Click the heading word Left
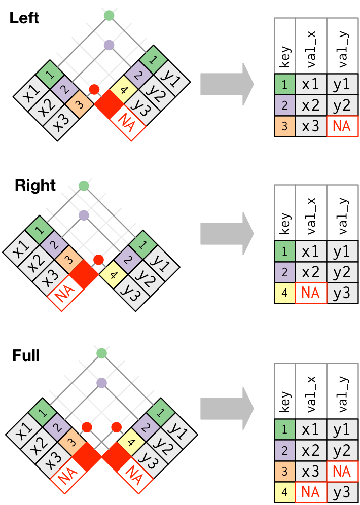[24, 18]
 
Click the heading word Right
[35, 185]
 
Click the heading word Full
[26, 355]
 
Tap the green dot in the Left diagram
[109, 15]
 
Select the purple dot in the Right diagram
[84, 215]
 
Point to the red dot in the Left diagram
[94, 90]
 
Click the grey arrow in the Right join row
[227, 234]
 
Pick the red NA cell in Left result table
[342, 125]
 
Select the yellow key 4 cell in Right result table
[285, 294]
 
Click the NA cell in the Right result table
[310, 294]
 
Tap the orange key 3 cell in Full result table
[285, 472]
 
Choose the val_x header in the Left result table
[311, 46]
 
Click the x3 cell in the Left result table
[310, 125]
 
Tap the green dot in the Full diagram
[102, 353]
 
